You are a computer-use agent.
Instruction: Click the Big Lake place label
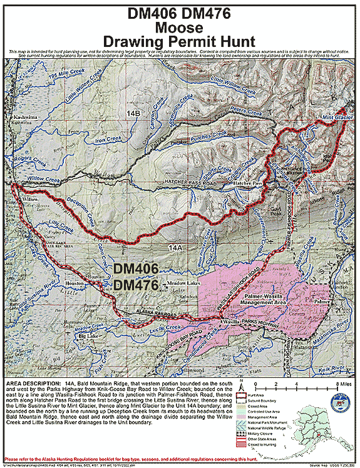pos(90,337)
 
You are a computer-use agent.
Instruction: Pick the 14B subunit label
pos(133,111)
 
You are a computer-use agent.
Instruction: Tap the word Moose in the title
pos(180,28)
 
